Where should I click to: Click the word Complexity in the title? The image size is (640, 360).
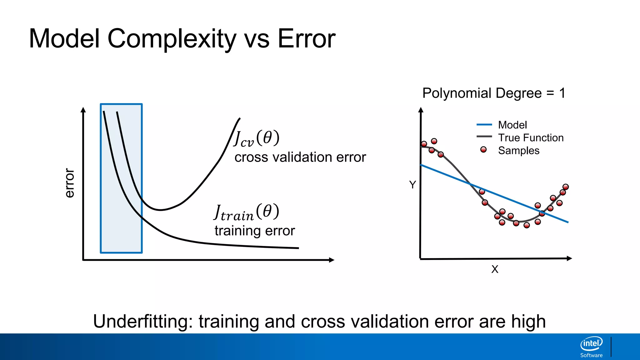click(x=172, y=39)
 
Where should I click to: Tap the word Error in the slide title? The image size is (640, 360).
click(x=306, y=39)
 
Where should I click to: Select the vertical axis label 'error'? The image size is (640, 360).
click(x=69, y=183)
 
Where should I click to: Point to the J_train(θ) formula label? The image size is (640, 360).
click(x=247, y=212)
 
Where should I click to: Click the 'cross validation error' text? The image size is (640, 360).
click(x=300, y=157)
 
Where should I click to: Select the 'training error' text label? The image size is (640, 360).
click(x=254, y=231)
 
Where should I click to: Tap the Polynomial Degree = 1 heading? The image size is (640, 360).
click(x=494, y=93)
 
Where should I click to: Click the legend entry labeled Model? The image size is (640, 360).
click(x=512, y=125)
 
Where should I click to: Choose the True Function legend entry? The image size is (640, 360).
click(x=531, y=138)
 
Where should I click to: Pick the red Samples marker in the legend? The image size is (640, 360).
click(x=483, y=150)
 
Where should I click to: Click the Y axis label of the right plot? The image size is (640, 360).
click(x=412, y=185)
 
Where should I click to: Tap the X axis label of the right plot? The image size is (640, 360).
click(x=495, y=269)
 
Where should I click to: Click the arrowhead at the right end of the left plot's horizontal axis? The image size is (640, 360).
click(x=332, y=260)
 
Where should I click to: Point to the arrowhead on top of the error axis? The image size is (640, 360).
click(x=83, y=110)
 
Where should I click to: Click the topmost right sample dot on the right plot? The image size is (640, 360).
click(x=566, y=187)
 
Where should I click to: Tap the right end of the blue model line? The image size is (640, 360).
click(x=567, y=222)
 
